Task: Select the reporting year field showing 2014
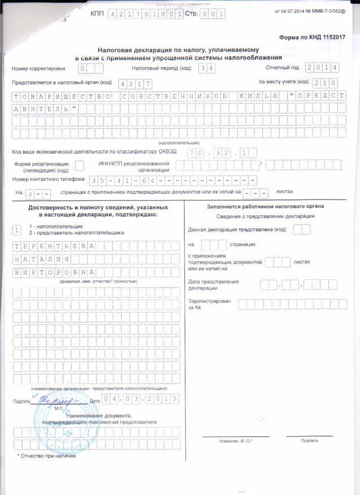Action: point(322,68)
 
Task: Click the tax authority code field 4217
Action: point(132,83)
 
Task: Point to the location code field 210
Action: point(326,82)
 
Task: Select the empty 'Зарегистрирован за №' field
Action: point(288,305)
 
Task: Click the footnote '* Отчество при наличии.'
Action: point(48,455)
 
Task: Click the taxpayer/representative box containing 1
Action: point(18,229)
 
